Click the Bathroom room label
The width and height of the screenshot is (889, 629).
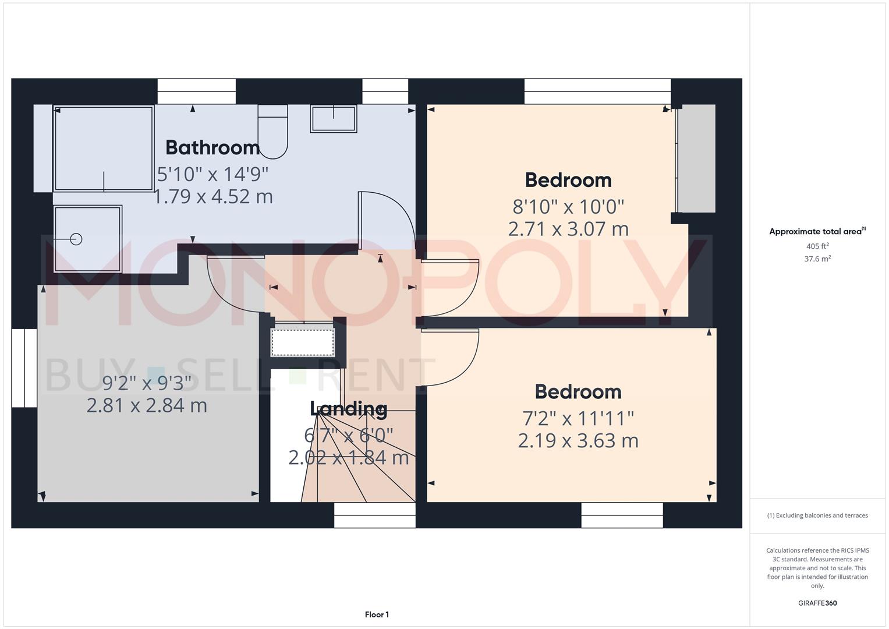tap(212, 147)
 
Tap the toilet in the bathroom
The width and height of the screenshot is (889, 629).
tap(272, 132)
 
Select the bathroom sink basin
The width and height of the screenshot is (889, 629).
tap(333, 119)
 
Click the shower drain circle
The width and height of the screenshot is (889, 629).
tap(76, 239)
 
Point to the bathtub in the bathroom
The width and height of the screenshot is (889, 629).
tap(104, 149)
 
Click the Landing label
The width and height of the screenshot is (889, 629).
tap(348, 409)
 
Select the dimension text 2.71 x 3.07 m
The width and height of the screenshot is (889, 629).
tap(568, 229)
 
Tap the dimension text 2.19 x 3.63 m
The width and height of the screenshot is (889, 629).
tap(578, 441)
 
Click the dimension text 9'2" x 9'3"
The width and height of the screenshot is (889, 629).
tap(147, 383)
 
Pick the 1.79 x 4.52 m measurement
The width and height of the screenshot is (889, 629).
tap(213, 197)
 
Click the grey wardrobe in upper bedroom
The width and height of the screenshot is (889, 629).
tap(697, 158)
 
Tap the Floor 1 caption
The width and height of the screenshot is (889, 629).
tap(377, 614)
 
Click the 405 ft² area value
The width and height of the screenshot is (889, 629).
tap(817, 246)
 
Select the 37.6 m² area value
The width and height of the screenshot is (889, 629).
tap(817, 259)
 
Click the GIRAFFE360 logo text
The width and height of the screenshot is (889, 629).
tap(817, 603)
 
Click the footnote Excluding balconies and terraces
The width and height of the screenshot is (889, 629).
tap(817, 515)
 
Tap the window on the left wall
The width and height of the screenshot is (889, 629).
tap(24, 368)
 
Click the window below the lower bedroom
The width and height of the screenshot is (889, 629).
tap(622, 515)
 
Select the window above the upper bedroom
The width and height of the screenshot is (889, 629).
tap(597, 91)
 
